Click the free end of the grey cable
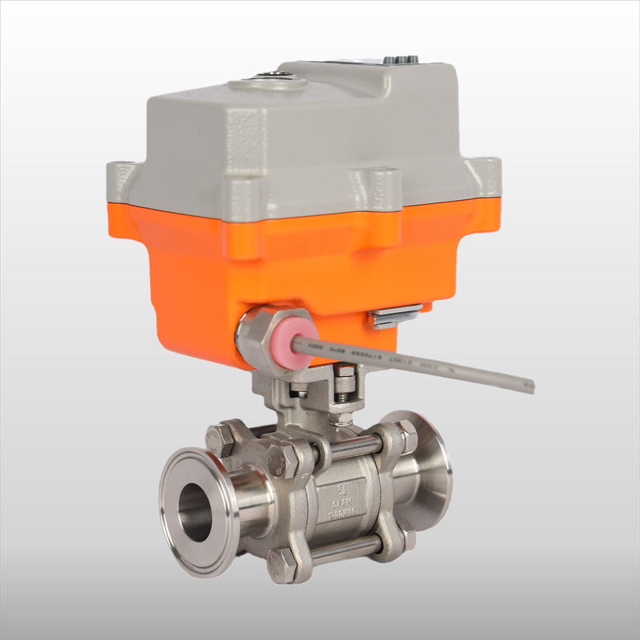pos(529,386)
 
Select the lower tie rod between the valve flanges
pos(344,550)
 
